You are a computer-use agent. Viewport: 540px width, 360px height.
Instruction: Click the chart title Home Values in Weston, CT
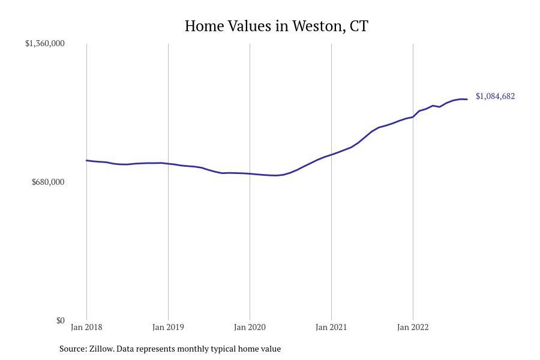(x=276, y=26)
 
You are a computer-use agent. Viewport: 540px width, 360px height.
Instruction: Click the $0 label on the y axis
(x=61, y=320)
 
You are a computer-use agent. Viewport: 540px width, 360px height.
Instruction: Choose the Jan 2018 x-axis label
(x=86, y=327)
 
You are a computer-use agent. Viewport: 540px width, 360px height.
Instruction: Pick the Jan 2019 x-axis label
(x=168, y=327)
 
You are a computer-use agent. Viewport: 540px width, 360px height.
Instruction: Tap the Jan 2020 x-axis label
(x=250, y=327)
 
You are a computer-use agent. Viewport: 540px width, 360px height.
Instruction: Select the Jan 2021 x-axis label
(x=331, y=327)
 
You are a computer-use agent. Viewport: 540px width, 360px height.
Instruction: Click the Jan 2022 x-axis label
(x=413, y=327)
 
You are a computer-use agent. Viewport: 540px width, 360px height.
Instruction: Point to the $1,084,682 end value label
(x=495, y=96)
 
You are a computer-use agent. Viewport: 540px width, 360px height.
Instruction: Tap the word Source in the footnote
(x=73, y=349)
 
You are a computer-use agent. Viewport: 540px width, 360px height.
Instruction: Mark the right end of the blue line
(x=467, y=99)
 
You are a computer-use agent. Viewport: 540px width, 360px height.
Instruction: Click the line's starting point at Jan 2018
(x=87, y=160)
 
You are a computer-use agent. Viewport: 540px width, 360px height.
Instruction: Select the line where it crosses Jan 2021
(x=331, y=155)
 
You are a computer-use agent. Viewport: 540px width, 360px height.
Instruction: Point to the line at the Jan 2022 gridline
(x=413, y=116)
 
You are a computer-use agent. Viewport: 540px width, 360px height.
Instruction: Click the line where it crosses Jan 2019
(x=168, y=163)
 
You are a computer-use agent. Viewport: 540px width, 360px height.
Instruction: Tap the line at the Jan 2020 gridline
(x=250, y=173)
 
